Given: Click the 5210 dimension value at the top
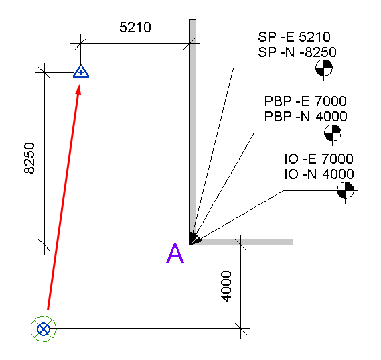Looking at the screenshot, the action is point(135,27).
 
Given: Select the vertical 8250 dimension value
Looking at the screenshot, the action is point(29,158).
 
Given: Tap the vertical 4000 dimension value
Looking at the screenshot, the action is point(227,286).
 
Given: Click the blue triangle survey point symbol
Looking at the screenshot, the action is point(81,72).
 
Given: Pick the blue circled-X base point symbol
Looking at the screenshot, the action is point(44,329).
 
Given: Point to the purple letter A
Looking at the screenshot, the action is point(175,253).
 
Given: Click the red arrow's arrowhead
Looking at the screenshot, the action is point(78,89).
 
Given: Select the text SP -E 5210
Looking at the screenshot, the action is point(294,37).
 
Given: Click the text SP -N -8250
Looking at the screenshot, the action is point(297,52).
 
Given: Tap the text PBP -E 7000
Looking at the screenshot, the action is point(305,101).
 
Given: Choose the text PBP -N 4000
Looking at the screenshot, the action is point(306,116).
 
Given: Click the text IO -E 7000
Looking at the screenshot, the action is point(319,159).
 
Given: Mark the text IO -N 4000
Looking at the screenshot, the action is point(319,174).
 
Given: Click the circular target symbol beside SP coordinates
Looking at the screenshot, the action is point(324,68).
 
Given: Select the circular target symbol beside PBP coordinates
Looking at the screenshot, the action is point(333,133).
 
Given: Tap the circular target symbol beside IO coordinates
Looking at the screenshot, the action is point(346,190).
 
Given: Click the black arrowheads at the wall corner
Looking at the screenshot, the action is point(195,239).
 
